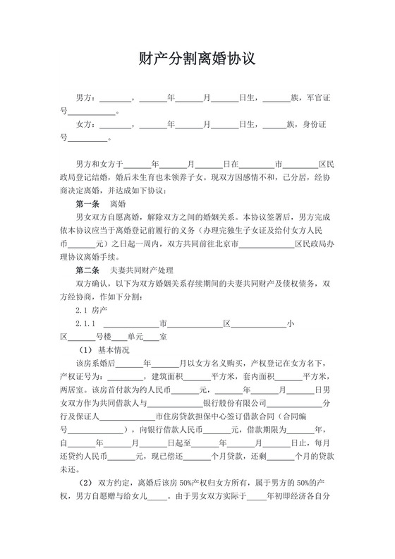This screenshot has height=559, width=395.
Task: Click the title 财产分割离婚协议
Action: coord(197,59)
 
